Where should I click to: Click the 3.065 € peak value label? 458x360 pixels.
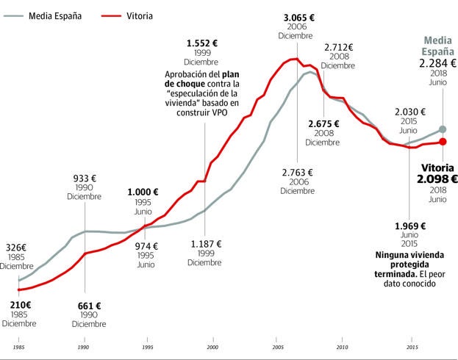[x=298, y=16]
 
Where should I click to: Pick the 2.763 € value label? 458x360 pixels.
[x=298, y=173]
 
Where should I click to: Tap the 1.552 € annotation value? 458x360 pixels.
[x=201, y=43]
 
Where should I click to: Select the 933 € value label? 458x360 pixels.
[x=85, y=178]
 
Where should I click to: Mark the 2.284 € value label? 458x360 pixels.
[x=437, y=64]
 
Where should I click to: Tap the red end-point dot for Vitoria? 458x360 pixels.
[x=443, y=142]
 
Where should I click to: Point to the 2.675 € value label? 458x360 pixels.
[x=324, y=123]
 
